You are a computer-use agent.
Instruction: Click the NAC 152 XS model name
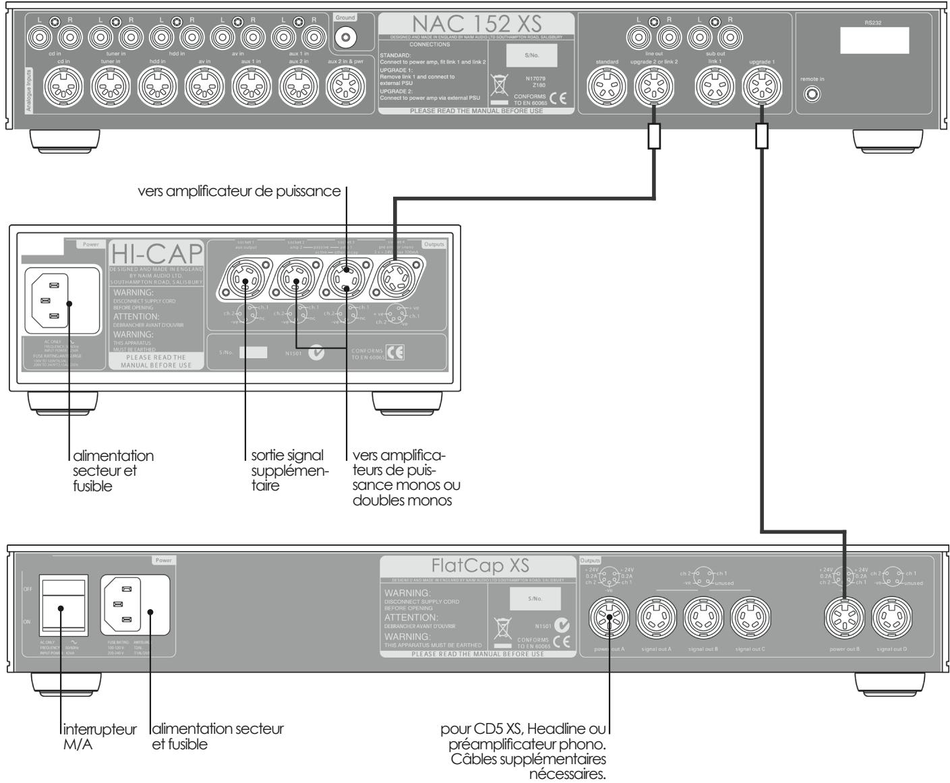tap(477, 25)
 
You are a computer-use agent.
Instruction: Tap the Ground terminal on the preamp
tap(345, 36)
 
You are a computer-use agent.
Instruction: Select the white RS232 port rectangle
tap(874, 41)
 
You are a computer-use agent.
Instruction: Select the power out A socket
tap(610, 620)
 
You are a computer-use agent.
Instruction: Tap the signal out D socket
tap(894, 620)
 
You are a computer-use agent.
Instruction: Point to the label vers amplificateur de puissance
tap(239, 191)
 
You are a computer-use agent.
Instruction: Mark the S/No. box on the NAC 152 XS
tap(532, 57)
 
